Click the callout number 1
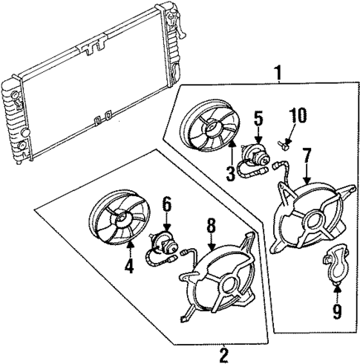pyautogui.click(x=278, y=73)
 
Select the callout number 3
pyautogui.click(x=231, y=175)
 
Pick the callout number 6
pyautogui.click(x=166, y=202)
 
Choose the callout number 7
pyautogui.click(x=307, y=157)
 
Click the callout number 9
pyautogui.click(x=337, y=310)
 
